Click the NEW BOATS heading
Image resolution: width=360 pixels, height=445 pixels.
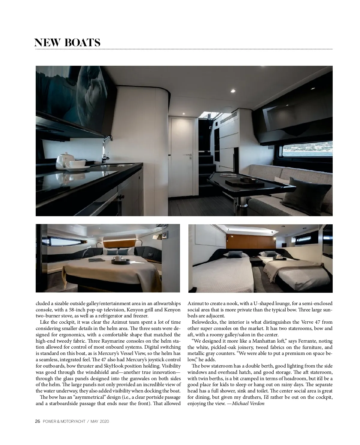point(67,43)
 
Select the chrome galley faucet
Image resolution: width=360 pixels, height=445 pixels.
point(106,147)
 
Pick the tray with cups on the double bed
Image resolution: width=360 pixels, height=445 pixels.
point(121,260)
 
